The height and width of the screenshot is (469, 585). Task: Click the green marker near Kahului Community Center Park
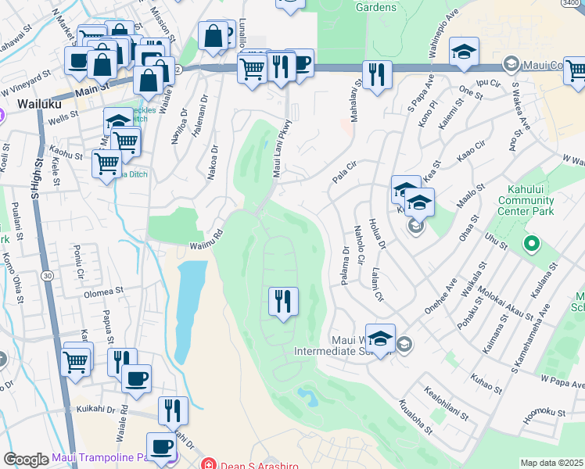pos(532,244)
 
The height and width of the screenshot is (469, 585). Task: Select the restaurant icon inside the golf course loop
pos(283,300)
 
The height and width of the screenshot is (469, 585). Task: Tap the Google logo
pos(26,459)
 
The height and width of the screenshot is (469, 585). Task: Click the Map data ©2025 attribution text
pos(551,463)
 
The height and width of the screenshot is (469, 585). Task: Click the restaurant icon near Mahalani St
pos(377,75)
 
